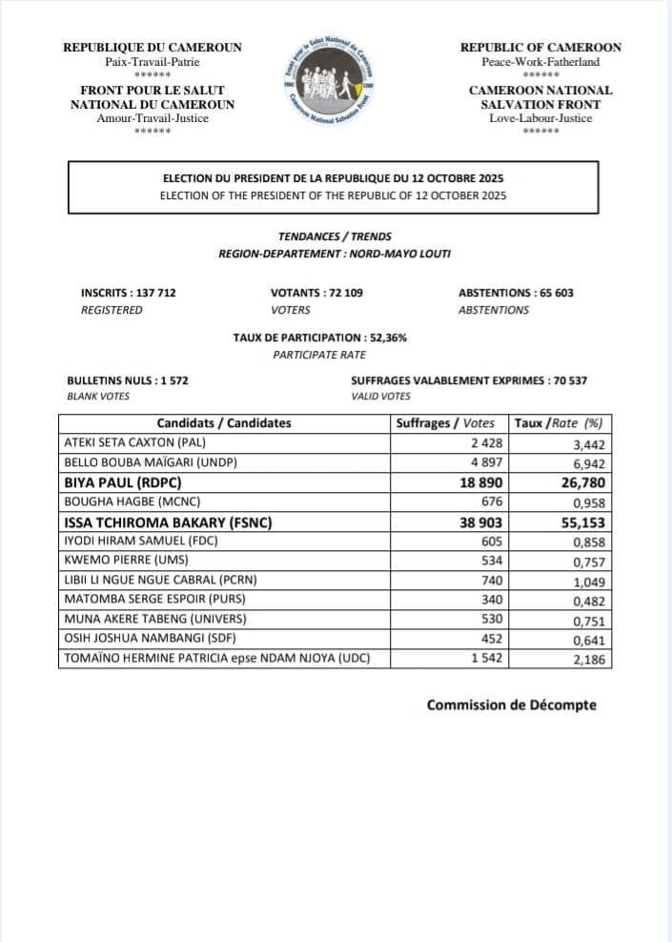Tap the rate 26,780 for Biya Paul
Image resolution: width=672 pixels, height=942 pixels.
coord(578,482)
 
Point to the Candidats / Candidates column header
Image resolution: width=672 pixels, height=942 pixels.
coord(224,423)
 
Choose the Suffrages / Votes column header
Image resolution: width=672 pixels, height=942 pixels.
coord(445,423)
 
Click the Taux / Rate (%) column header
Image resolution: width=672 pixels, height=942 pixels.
coord(559,423)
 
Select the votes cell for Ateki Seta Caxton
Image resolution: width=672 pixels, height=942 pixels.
coord(487,443)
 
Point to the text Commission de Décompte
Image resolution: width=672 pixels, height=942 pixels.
coord(511,705)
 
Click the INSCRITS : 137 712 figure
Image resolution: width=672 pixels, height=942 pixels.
coord(129,293)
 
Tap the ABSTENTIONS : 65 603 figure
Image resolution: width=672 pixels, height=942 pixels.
coord(516,293)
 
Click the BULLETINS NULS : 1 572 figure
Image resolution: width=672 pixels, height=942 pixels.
coord(128,379)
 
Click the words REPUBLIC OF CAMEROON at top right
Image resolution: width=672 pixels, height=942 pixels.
coord(540,47)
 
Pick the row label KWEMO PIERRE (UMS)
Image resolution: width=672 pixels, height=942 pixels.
coord(125,561)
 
